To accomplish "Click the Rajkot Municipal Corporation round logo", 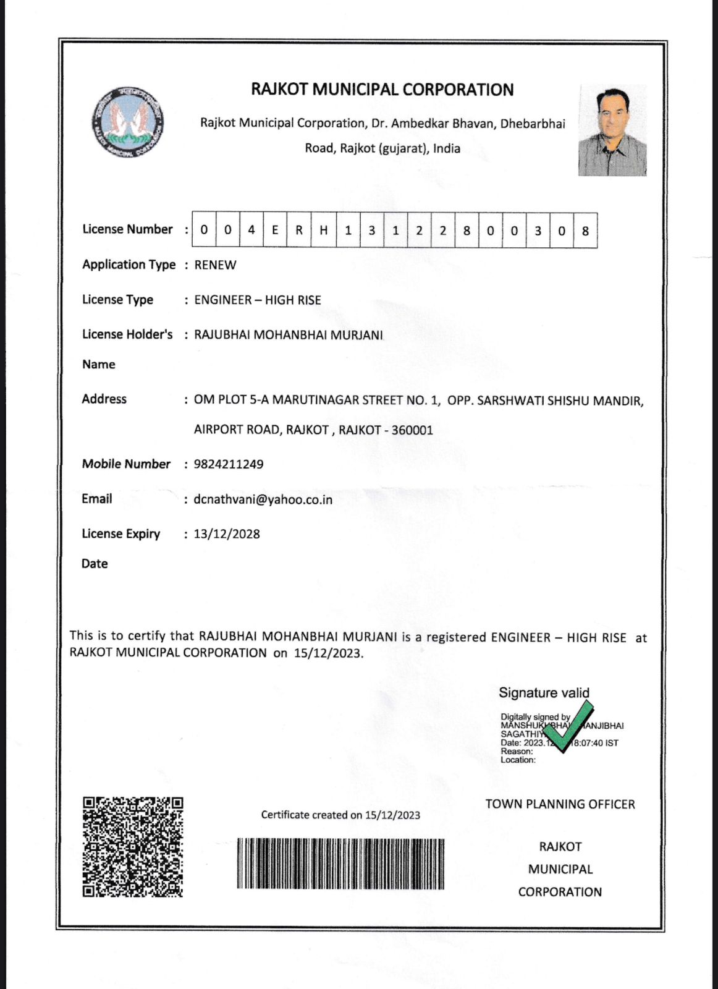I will click(128, 122).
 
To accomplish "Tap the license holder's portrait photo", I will click(612, 130).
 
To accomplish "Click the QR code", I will click(133, 847).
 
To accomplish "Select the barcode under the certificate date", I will click(340, 864).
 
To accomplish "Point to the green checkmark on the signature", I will click(567, 726).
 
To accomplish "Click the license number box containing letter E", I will click(275, 231).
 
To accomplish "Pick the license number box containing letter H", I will click(323, 231).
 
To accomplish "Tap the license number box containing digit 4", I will click(251, 231).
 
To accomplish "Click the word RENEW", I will click(215, 265).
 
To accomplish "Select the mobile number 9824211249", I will click(229, 464).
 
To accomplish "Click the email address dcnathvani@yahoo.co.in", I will click(263, 499).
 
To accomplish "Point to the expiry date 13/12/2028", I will click(227, 534).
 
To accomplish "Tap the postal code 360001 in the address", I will click(412, 430).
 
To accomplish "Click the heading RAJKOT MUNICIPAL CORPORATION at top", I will click(382, 90).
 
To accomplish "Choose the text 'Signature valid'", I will click(544, 693).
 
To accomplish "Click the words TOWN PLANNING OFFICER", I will click(560, 804).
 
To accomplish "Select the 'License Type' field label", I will click(117, 300).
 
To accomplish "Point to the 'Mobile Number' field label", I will click(126, 464).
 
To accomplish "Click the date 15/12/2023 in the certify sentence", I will click(327, 653).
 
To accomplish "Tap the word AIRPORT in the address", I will click(218, 430).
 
